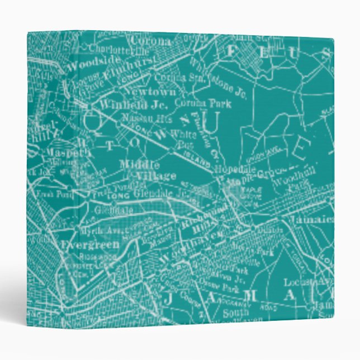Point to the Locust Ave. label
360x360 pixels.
(302, 282)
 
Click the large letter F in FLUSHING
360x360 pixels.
(231, 51)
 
